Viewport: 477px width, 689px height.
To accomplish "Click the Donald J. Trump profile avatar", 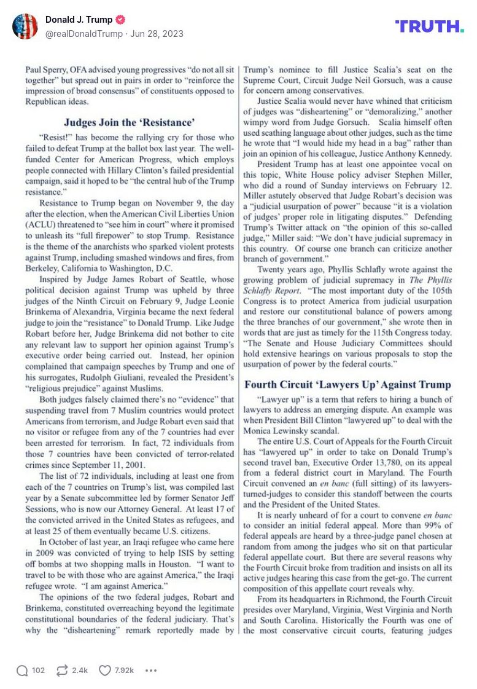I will coord(25,26).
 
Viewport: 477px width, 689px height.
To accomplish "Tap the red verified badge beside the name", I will coord(120,20).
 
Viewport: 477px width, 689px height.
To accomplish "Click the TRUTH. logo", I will coord(429,26).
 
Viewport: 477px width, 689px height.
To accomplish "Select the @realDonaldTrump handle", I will coord(83,34).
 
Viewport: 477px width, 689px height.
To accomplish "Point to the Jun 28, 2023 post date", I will coord(157,34).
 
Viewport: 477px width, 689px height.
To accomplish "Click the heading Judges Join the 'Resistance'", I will coord(129,122).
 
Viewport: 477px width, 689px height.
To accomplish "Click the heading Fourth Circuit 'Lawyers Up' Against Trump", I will coord(347,385).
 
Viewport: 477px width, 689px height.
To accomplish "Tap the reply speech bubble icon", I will coord(22,670).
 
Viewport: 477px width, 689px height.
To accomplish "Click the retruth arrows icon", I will coord(61,670).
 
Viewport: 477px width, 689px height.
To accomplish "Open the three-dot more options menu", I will coord(151,670).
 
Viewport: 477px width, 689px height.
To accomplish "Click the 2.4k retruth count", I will coord(80,670).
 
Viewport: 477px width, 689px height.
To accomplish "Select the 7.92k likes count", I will coord(123,670).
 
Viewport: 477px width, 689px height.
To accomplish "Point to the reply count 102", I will coord(38,670).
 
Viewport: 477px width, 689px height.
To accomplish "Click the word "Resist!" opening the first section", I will coord(53,138).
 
